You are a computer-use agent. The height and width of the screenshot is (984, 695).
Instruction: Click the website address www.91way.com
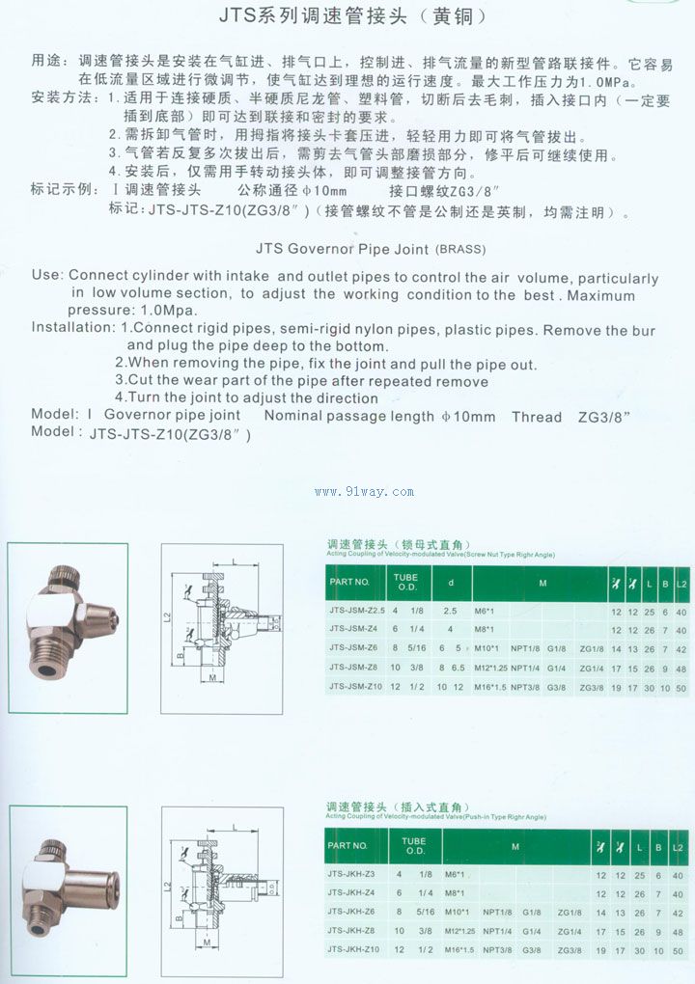pos(364,492)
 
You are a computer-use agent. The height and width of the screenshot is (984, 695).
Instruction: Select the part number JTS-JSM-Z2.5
pos(356,612)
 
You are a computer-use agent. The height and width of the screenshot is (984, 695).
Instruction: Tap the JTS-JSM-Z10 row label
pos(356,687)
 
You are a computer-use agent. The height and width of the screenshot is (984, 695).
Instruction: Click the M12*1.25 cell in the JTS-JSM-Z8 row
pos(490,668)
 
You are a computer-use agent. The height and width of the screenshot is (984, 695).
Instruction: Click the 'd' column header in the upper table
pos(450,582)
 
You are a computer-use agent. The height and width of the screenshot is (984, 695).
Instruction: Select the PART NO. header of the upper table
pos(349,582)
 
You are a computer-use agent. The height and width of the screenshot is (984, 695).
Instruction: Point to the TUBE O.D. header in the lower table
pos(414,845)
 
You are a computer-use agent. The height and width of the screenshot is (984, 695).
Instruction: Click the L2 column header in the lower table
pos(680,845)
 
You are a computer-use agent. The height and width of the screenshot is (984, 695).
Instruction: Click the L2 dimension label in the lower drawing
pos(169,884)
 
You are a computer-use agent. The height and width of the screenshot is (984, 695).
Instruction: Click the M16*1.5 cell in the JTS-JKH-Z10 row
pos(459,950)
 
